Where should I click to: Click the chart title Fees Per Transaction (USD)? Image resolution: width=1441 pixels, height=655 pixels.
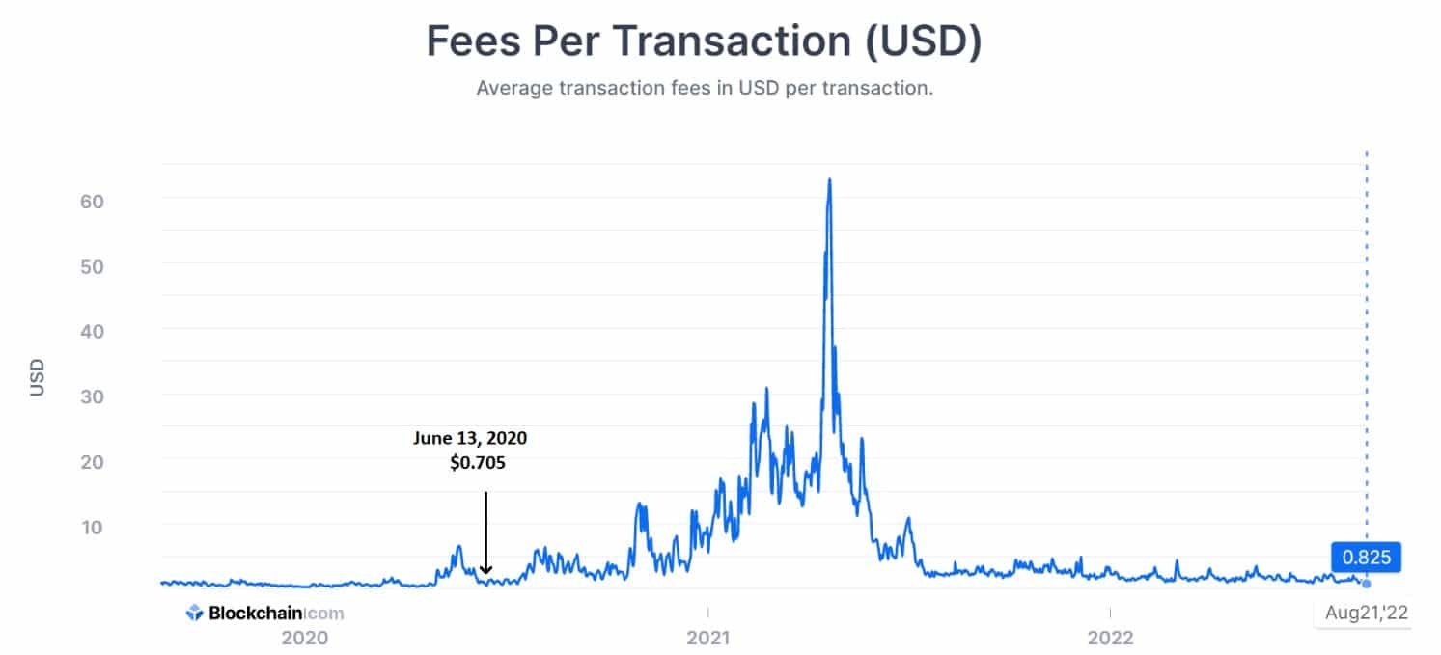704,42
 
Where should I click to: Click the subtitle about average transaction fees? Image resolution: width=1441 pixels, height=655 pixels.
705,88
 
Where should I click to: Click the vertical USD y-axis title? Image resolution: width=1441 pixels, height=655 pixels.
38,377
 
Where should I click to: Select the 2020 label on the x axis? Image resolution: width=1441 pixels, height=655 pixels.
304,638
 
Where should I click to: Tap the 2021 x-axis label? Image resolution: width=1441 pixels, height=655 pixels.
707,638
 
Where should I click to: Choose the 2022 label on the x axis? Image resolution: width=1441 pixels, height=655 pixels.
1110,638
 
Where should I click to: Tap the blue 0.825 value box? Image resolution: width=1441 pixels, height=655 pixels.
1365,557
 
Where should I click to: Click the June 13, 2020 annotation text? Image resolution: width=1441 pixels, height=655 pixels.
470,438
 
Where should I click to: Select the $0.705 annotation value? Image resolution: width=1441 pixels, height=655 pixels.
477,463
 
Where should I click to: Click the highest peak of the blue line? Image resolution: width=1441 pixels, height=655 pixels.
829,180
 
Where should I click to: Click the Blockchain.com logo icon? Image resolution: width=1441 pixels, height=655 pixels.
194,612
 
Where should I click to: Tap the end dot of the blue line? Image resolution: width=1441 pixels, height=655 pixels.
1366,584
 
